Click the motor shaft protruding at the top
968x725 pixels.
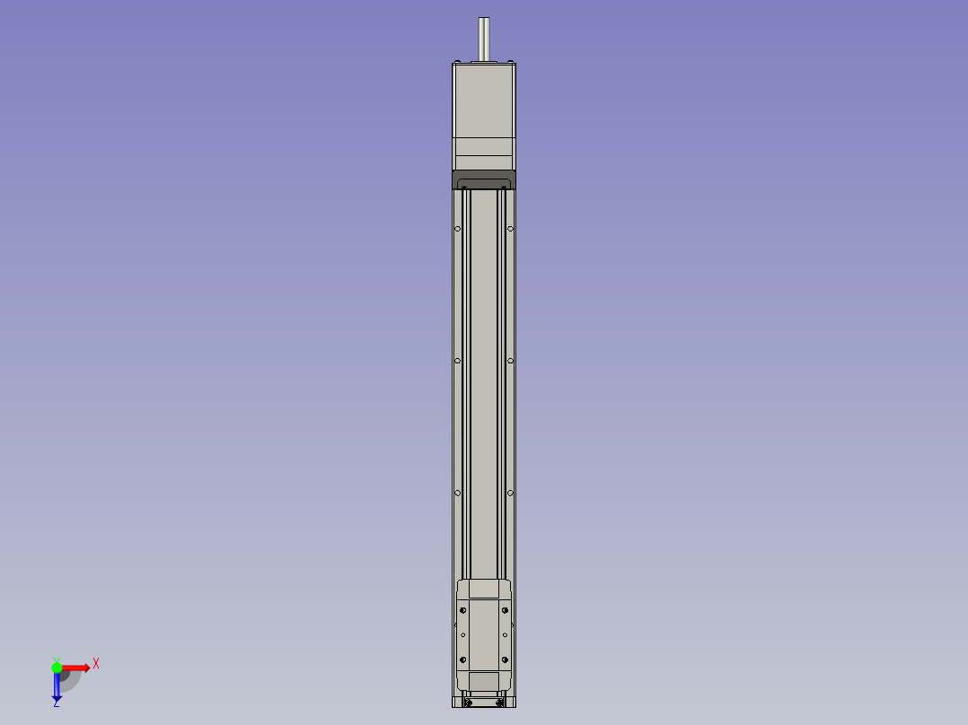tap(484, 39)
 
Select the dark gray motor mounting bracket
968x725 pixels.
tap(484, 178)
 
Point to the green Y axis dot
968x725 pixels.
tap(57, 668)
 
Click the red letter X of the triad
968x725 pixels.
tap(96, 664)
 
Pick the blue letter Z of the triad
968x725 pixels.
tap(57, 704)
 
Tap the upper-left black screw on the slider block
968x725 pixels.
tap(464, 610)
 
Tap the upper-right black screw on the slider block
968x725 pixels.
tap(505, 610)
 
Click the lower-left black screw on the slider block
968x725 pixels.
tap(464, 660)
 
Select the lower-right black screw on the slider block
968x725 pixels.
tap(505, 660)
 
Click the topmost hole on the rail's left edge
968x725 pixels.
tap(458, 229)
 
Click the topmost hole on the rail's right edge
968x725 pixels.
tap(510, 229)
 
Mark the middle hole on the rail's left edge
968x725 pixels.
tap(458, 361)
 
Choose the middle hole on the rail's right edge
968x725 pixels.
tap(510, 361)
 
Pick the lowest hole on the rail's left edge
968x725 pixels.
tap(458, 493)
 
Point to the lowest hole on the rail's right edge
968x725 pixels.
tap(510, 493)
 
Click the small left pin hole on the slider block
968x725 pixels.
tap(463, 635)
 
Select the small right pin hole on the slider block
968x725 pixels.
tap(506, 635)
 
